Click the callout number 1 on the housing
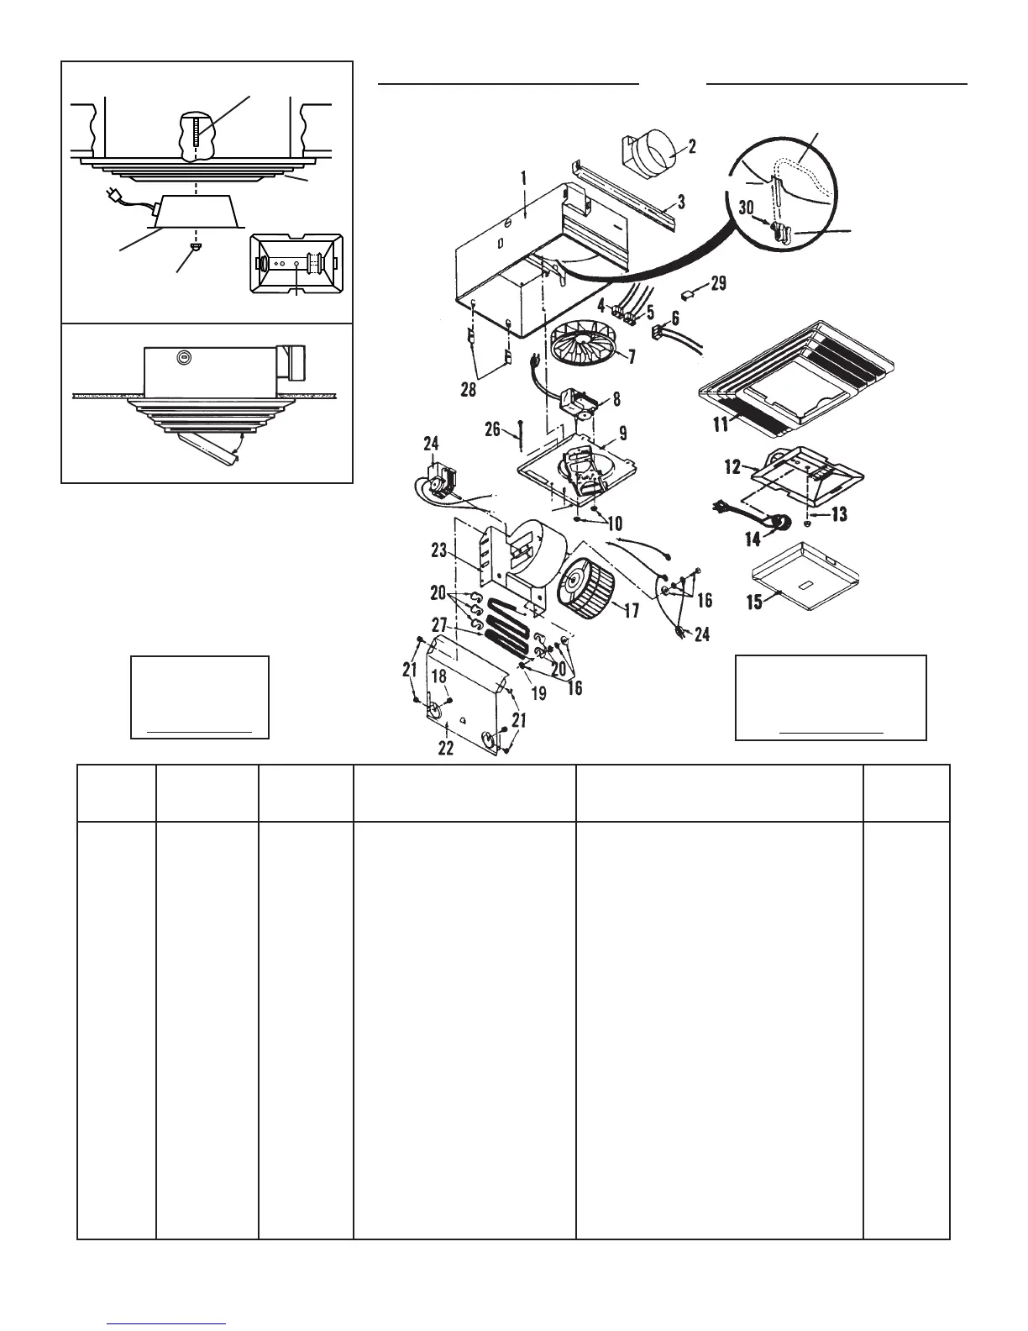522,178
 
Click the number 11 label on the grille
719,423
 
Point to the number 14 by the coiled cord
753,538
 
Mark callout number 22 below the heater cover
446,747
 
